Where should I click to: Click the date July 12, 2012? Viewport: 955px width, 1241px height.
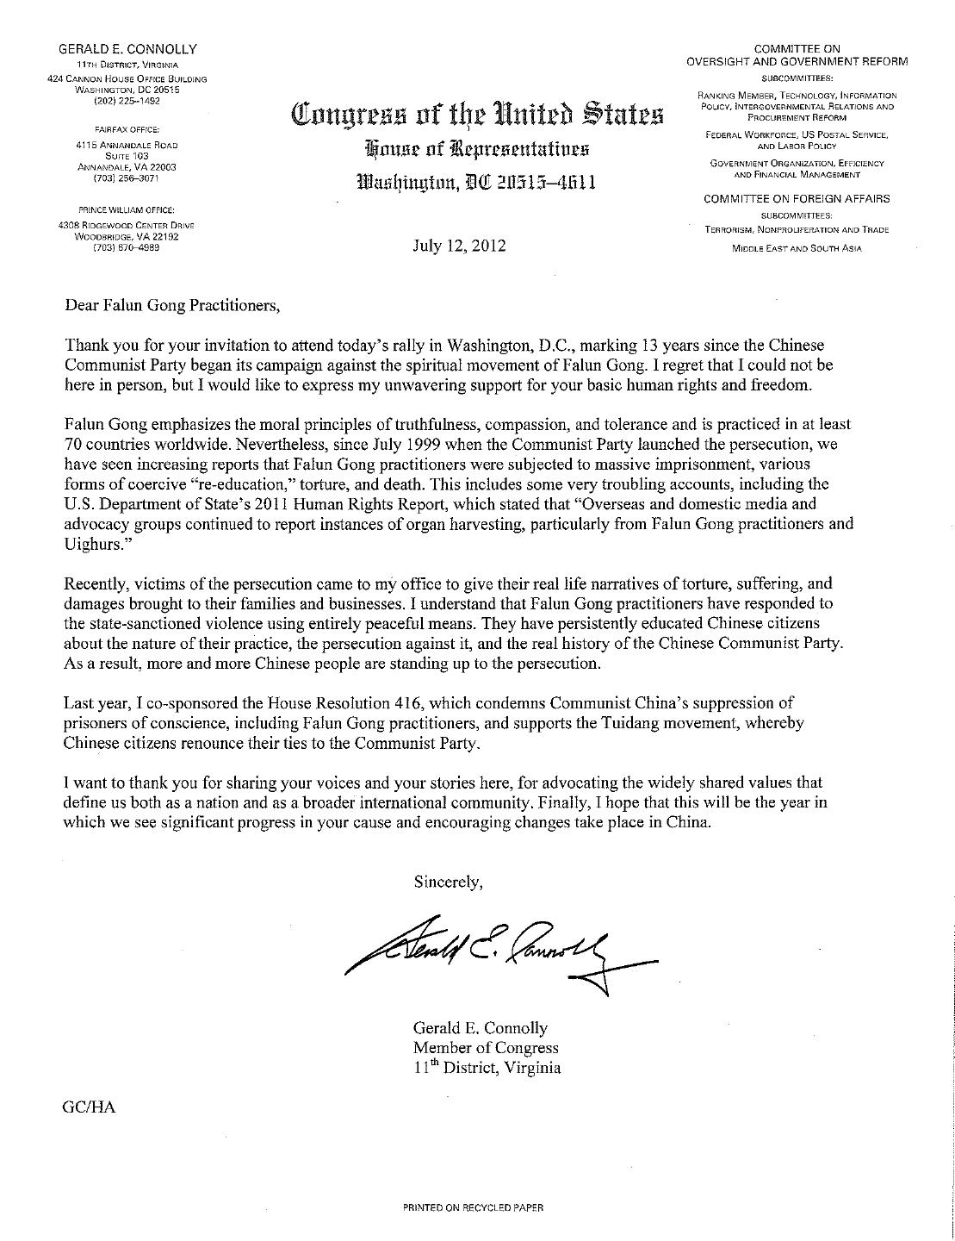tap(458, 246)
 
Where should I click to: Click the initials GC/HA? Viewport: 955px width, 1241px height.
tap(89, 1108)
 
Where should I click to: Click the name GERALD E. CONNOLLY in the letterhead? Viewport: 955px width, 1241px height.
tap(127, 50)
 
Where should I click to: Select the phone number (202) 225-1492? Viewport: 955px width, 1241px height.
tap(127, 101)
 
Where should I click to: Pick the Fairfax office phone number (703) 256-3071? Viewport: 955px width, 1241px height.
tap(127, 178)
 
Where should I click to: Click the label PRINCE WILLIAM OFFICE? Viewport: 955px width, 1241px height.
tap(127, 209)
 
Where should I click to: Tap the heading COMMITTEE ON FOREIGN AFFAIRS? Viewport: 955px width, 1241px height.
tap(797, 199)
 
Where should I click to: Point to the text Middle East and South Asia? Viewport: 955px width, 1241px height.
tap(797, 249)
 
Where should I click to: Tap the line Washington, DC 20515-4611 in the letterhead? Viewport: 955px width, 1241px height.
tap(476, 183)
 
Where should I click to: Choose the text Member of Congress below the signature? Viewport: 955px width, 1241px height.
tap(486, 1048)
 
